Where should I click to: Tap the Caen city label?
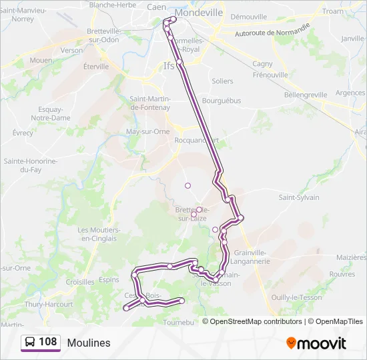[x=157, y=7]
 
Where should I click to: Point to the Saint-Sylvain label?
[x=299, y=197]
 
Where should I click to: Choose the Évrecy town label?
[x=23, y=133]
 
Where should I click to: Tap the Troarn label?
[x=332, y=11]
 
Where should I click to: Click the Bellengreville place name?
[x=306, y=95]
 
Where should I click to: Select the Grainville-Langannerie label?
[x=251, y=257]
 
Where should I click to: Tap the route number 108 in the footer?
[x=47, y=342]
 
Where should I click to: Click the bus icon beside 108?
[x=30, y=343]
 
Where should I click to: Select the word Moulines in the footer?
[x=89, y=343]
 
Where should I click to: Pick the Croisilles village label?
[x=80, y=282]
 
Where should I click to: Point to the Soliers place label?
[x=222, y=81]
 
